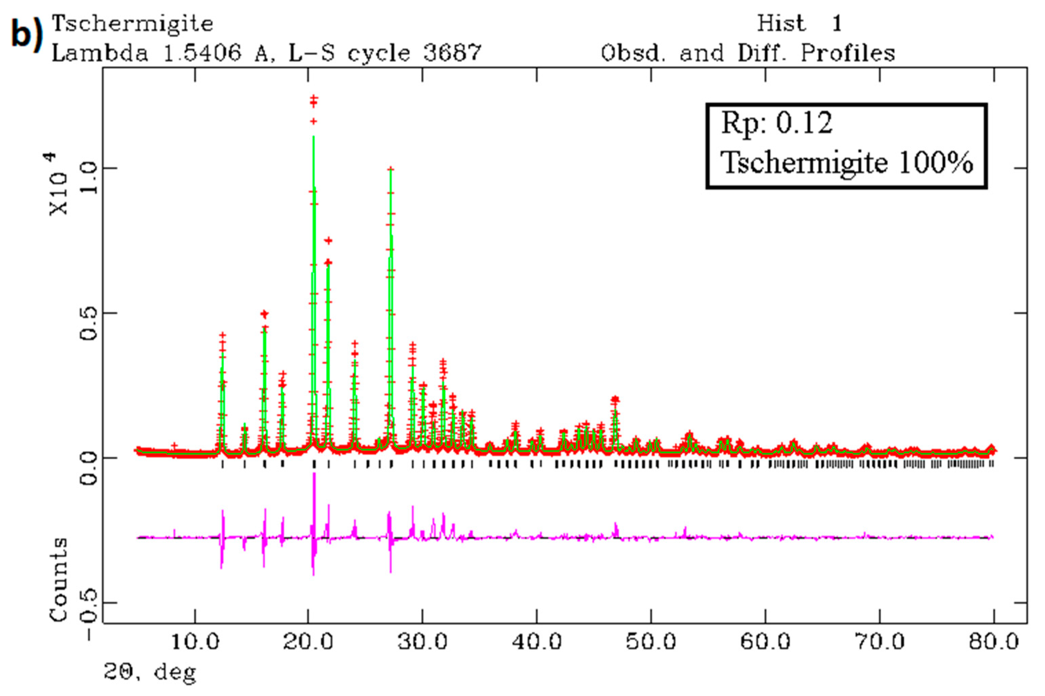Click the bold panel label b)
[x=26, y=33]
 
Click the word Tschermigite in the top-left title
[x=133, y=23]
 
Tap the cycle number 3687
[x=452, y=53]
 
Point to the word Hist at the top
[x=781, y=23]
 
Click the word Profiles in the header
[x=848, y=53]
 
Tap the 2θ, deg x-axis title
[x=150, y=673]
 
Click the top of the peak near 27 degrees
[x=391, y=169]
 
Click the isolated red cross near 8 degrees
[x=174, y=445]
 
